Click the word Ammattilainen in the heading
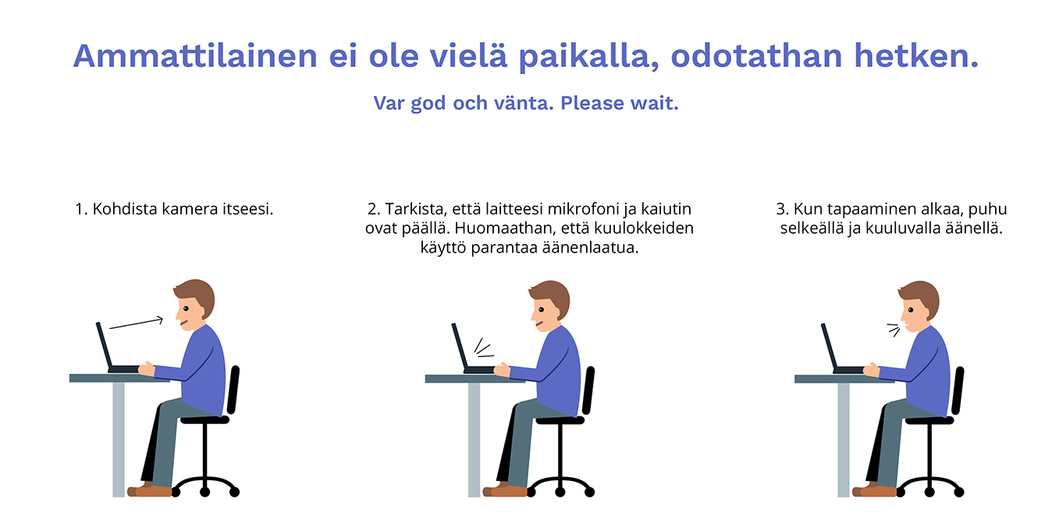click(x=195, y=56)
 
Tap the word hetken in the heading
click(x=915, y=56)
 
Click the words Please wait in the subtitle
click(x=620, y=103)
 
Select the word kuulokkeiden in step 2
click(x=644, y=228)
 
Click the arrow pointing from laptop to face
click(x=137, y=323)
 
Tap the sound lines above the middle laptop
click(x=484, y=348)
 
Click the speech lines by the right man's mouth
click(x=894, y=330)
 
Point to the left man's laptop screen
click(x=105, y=345)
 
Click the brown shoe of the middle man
click(x=505, y=491)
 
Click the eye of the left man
click(x=186, y=309)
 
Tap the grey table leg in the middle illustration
click(x=474, y=440)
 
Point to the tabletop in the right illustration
click(x=844, y=379)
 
